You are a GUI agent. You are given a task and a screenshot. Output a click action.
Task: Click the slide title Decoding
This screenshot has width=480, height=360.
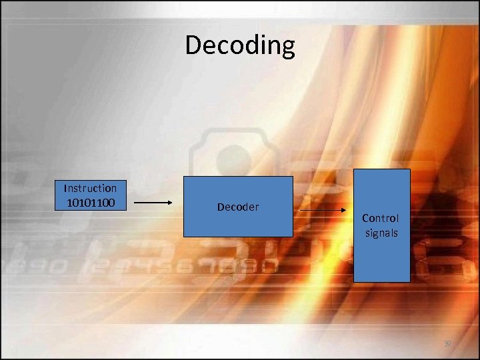click(240, 45)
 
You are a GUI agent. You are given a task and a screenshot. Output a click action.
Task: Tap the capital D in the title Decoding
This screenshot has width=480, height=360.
click(194, 45)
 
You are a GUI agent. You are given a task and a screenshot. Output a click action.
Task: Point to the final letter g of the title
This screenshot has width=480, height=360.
click(287, 48)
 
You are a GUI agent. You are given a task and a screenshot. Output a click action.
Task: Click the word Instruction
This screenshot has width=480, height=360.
click(90, 188)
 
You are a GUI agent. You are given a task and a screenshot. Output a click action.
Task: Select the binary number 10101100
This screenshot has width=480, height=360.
click(90, 201)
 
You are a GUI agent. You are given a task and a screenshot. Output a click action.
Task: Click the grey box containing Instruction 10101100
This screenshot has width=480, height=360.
click(90, 195)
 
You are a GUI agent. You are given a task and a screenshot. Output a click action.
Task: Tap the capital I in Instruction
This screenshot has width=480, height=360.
click(65, 188)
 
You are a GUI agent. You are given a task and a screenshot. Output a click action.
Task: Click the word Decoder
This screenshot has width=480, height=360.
click(238, 207)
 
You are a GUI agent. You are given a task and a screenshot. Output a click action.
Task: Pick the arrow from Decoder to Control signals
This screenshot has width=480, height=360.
click(323, 211)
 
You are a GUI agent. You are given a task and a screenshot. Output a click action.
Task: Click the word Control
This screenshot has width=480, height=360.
click(381, 218)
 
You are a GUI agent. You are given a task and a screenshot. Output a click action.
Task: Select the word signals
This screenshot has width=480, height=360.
click(381, 233)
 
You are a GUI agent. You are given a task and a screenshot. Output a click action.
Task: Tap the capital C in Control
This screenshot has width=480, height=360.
click(365, 218)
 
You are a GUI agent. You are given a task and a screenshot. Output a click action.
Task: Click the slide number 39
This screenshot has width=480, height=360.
click(448, 344)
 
